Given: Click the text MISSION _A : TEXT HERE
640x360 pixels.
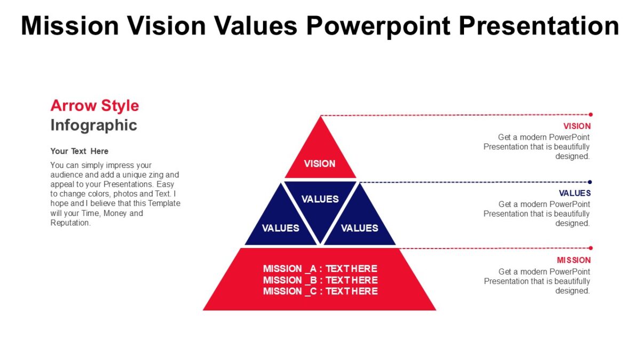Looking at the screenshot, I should point(320,268).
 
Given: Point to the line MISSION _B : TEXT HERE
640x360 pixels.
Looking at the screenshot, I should point(320,280).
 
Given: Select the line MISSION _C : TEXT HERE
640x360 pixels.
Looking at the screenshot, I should point(320,291).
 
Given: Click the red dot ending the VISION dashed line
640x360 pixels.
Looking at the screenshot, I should point(590,114).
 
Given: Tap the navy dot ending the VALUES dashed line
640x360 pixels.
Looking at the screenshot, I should point(590,182).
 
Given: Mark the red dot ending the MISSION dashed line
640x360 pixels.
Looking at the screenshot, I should point(590,248).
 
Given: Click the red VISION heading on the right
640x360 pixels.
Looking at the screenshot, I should point(577,126).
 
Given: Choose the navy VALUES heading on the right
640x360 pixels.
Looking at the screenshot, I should point(574,193).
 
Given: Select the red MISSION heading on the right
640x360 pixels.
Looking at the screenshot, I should point(574,260).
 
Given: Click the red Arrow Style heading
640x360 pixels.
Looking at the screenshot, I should point(94,106).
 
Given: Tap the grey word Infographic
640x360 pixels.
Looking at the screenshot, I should point(94,125).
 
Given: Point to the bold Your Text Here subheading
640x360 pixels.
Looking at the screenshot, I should point(79,151).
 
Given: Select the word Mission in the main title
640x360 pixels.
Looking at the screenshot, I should point(70,26).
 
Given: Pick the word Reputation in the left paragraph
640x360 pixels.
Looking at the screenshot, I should point(70,223).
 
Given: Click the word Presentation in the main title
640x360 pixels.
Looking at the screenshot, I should point(539,26).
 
